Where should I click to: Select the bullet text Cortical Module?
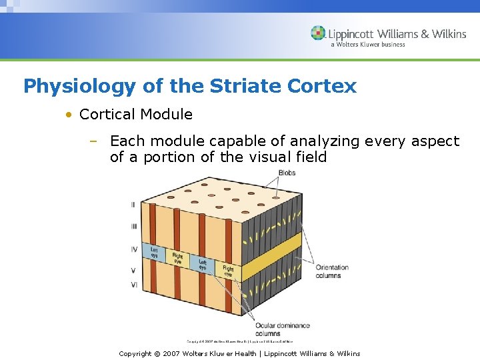click(136, 115)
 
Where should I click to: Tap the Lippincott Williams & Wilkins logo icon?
click(318, 33)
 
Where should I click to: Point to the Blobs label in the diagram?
click(287, 173)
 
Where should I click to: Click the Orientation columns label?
click(332, 271)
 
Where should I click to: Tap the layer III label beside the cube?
click(133, 227)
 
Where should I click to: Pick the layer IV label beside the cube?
click(133, 249)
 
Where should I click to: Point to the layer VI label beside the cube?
click(133, 285)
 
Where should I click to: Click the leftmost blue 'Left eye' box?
click(154, 253)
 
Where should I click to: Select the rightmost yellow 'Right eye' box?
click(229, 270)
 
